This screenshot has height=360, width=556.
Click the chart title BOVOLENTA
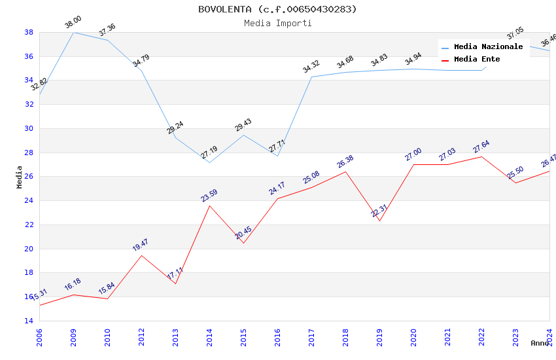pyautogui.click(x=277, y=9)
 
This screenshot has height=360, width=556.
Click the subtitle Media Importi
pyautogui.click(x=277, y=23)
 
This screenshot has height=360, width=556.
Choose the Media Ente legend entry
pyautogui.click(x=477, y=59)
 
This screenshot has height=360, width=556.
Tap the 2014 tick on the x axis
pyautogui.click(x=209, y=335)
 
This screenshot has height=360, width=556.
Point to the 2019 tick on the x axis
pyautogui.click(x=379, y=335)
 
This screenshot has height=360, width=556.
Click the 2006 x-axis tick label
pyautogui.click(x=39, y=335)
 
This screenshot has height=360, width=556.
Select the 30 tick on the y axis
pyautogui.click(x=29, y=128)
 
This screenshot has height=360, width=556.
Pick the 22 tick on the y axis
pyautogui.click(x=29, y=225)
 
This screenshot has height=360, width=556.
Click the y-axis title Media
pyautogui.click(x=19, y=177)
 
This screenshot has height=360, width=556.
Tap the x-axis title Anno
pyautogui.click(x=540, y=343)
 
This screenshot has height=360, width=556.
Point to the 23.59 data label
pyautogui.click(x=209, y=196)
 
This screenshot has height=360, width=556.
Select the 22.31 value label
pyautogui.click(x=379, y=210)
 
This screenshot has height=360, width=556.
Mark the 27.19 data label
pyautogui.click(x=209, y=153)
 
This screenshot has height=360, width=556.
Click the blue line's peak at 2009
pyautogui.click(x=73, y=32)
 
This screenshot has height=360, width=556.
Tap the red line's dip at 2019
pyautogui.click(x=379, y=221)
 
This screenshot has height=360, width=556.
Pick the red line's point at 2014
pyautogui.click(x=209, y=206)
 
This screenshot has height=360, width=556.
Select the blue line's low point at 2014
pyautogui.click(x=209, y=162)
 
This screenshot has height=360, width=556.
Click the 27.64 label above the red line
pyautogui.click(x=481, y=147)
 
